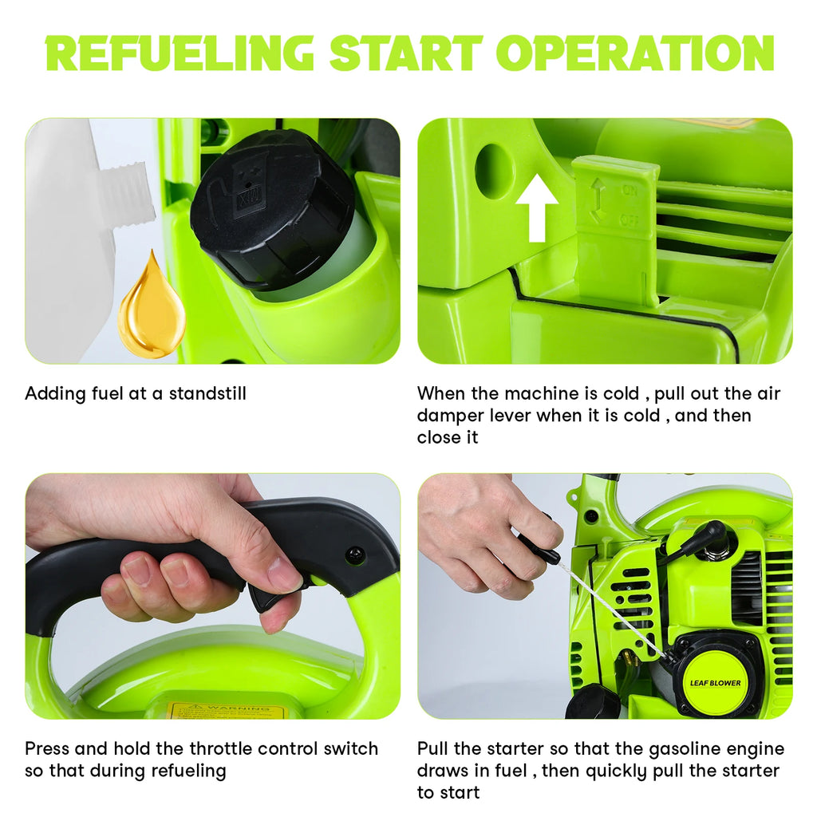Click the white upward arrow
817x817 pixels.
pos(537,207)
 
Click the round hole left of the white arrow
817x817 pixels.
pos(493,171)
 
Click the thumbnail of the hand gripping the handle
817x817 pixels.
pos(212,596)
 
